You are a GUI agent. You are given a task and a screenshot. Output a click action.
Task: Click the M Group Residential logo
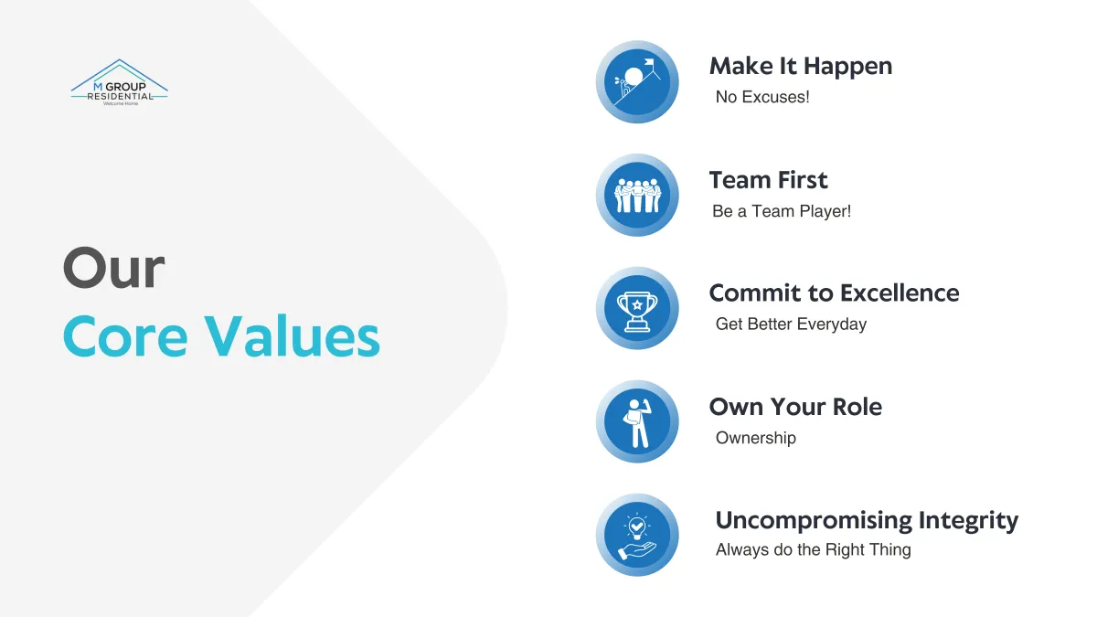(x=120, y=82)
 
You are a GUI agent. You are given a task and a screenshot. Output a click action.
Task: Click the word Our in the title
(x=113, y=268)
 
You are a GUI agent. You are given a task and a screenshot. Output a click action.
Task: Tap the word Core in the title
(x=125, y=336)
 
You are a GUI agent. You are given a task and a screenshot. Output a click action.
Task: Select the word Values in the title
(x=292, y=336)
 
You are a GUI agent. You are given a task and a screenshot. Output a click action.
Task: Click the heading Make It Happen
(x=801, y=67)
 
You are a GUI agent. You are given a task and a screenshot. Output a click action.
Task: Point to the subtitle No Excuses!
(x=762, y=97)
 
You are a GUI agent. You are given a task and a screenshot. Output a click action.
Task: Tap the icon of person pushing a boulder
(x=637, y=81)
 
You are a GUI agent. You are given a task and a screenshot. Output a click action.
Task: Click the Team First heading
(x=769, y=180)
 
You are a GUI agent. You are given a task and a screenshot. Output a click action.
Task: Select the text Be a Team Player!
(x=782, y=211)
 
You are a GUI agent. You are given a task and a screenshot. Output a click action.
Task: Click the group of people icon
(x=637, y=195)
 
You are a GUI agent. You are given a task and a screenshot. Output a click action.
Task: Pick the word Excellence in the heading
(x=900, y=293)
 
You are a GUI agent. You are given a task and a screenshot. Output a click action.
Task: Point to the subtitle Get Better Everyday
(x=791, y=324)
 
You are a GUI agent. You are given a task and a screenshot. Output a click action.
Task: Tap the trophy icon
(x=637, y=308)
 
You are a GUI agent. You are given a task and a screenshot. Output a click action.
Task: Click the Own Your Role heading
(x=796, y=407)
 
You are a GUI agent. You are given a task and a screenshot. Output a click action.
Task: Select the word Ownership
(x=756, y=438)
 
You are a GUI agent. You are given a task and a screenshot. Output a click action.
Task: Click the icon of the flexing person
(x=637, y=421)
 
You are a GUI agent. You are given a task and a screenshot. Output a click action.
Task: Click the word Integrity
(x=968, y=521)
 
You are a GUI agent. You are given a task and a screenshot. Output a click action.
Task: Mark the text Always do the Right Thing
(x=814, y=550)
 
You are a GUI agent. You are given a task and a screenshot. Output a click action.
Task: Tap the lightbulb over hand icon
(x=637, y=535)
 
